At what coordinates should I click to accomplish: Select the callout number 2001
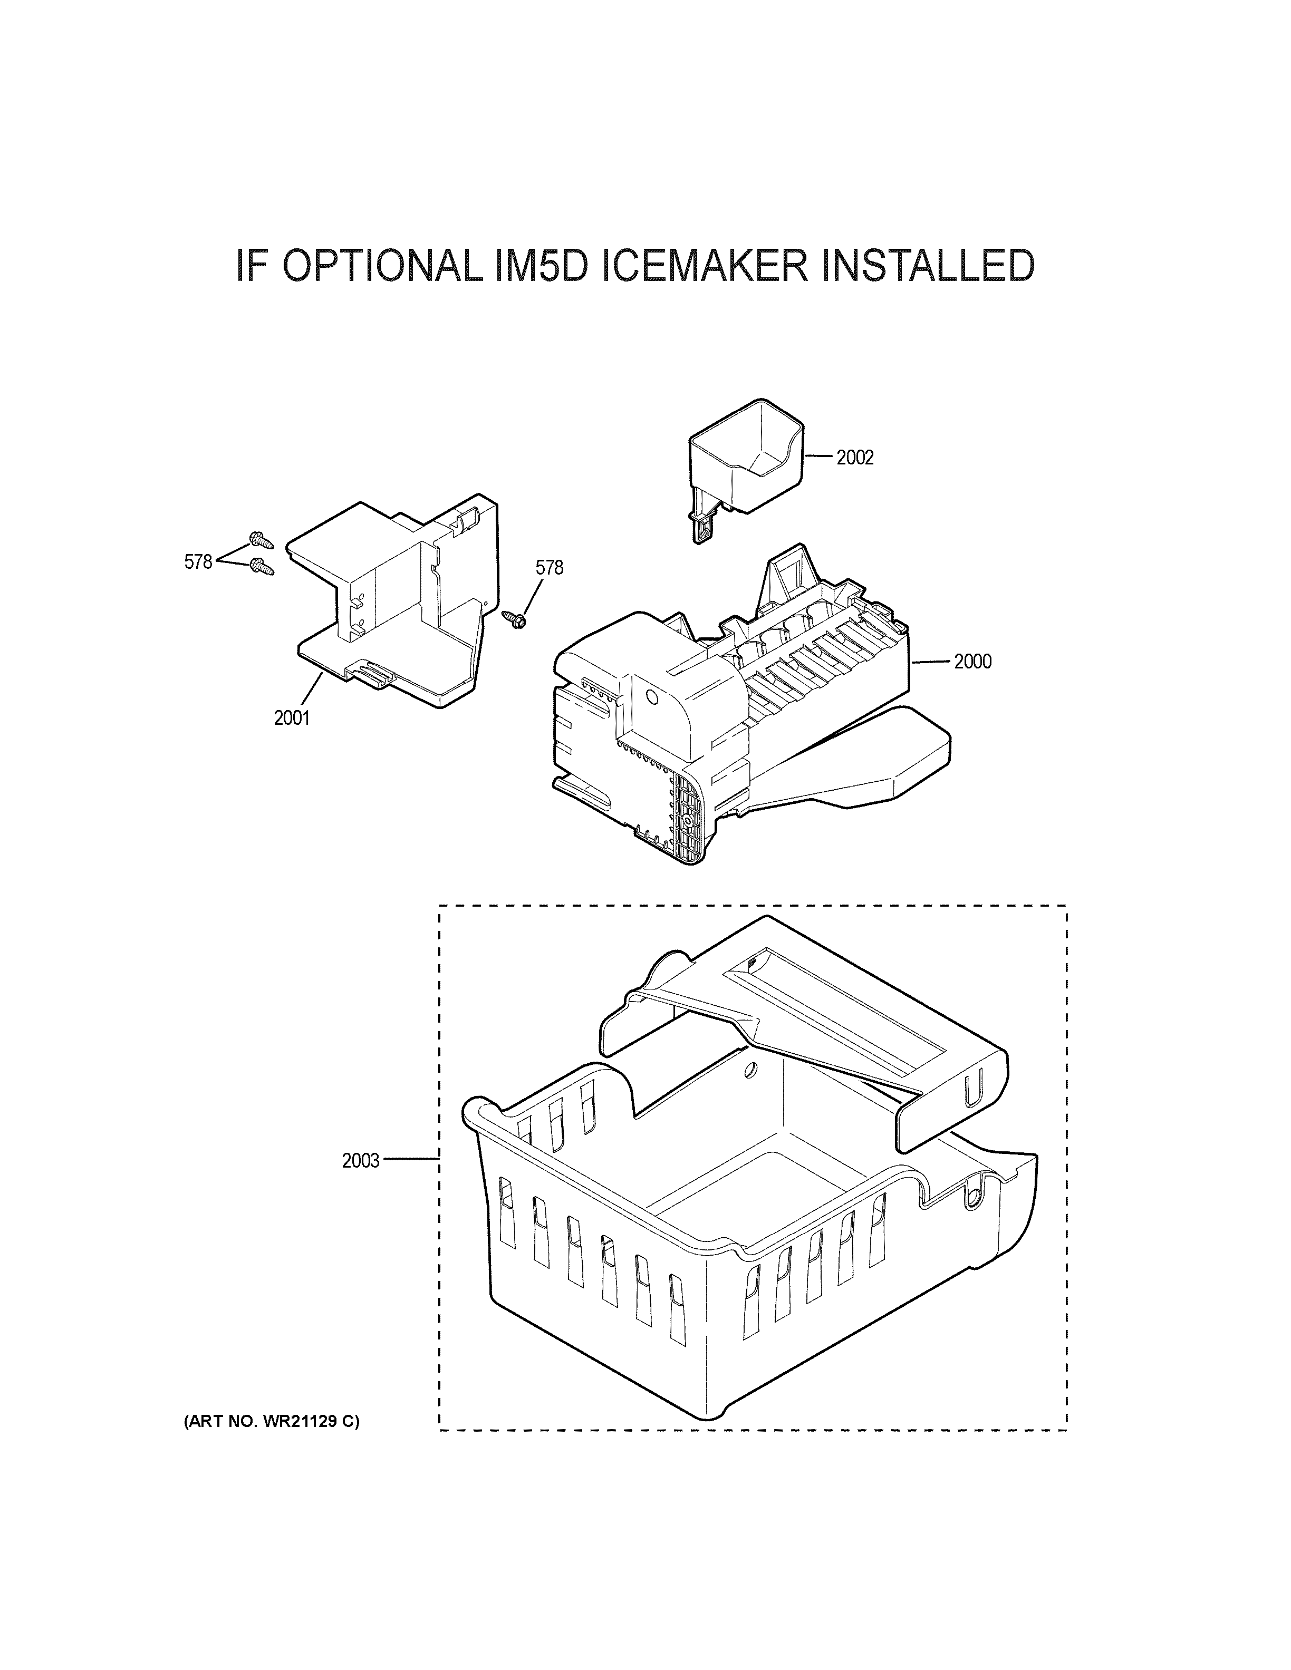(292, 717)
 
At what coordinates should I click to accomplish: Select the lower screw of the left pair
(262, 567)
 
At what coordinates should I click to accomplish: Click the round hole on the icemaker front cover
(652, 697)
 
